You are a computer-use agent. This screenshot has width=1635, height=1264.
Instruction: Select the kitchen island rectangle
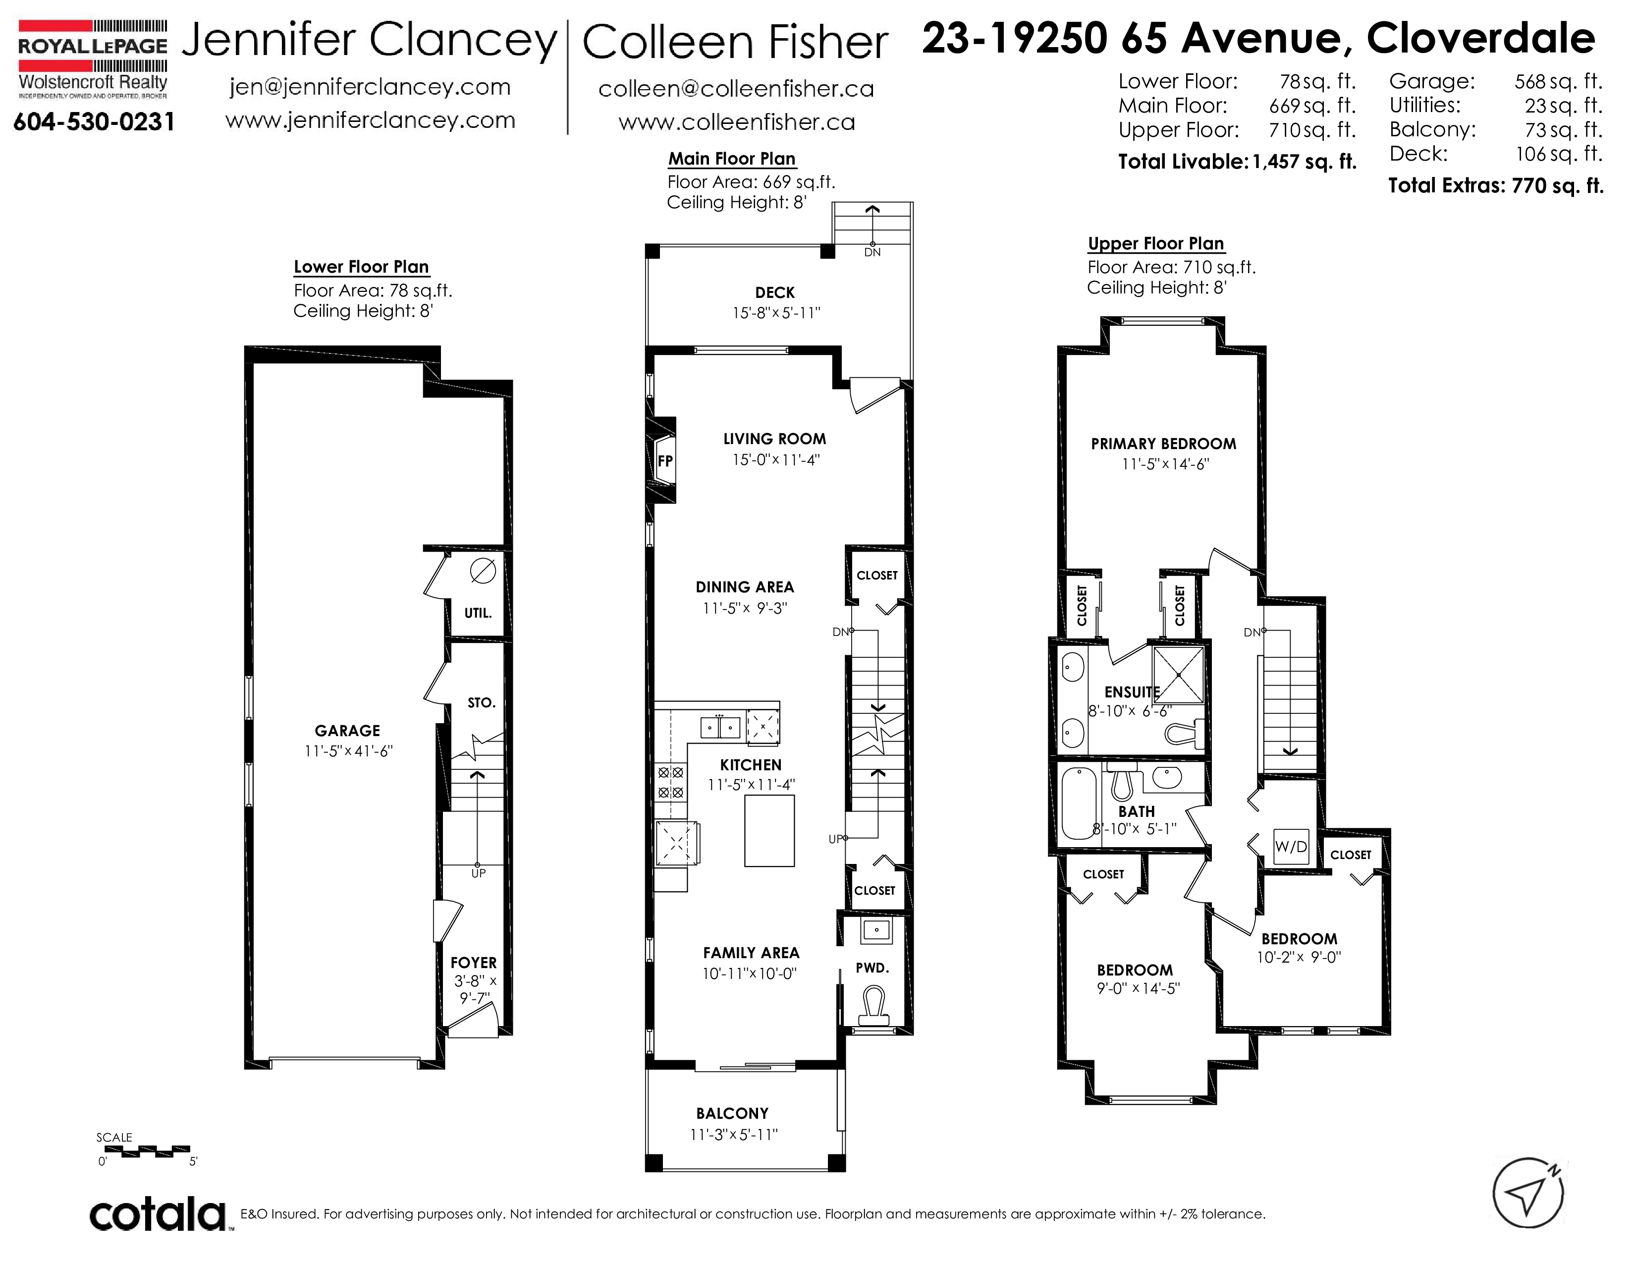769,831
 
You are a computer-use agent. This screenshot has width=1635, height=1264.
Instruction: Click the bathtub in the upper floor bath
1078,804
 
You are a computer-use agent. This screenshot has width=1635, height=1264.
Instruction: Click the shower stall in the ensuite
1178,675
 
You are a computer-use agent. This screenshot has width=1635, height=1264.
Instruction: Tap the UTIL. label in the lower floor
478,613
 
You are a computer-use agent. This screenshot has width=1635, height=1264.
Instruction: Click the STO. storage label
482,702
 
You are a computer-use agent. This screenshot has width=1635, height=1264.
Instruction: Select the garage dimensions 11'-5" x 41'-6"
348,751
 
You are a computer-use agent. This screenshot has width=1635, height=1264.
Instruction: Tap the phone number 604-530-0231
94,121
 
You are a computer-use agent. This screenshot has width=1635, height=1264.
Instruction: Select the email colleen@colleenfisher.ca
736,89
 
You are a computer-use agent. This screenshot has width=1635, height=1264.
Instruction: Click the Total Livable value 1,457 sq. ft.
1304,162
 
